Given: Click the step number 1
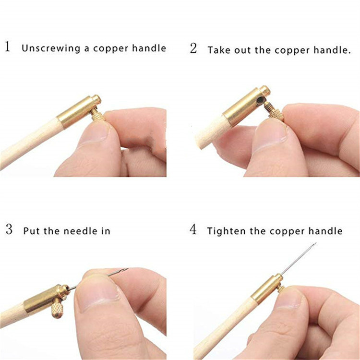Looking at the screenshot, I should [7, 48].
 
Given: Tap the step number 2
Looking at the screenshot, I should [193, 48].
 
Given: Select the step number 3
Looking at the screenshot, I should [9, 229].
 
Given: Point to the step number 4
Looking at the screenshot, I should [193, 229].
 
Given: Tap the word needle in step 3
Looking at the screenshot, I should [74, 231].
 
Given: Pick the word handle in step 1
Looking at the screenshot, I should [150, 48].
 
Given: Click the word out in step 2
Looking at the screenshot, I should [243, 49].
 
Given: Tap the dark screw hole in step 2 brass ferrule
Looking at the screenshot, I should [260, 100].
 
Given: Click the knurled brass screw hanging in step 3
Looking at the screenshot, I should [58, 308].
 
